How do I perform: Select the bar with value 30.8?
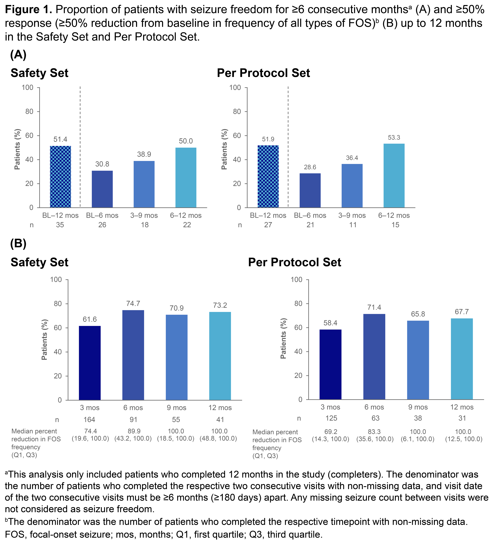102,189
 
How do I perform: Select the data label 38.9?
144,154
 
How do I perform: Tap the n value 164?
89,420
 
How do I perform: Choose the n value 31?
462,418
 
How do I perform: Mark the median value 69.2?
330,432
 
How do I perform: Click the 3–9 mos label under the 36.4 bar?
352,215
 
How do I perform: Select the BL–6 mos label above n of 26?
102,215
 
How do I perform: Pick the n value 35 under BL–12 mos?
60,225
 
